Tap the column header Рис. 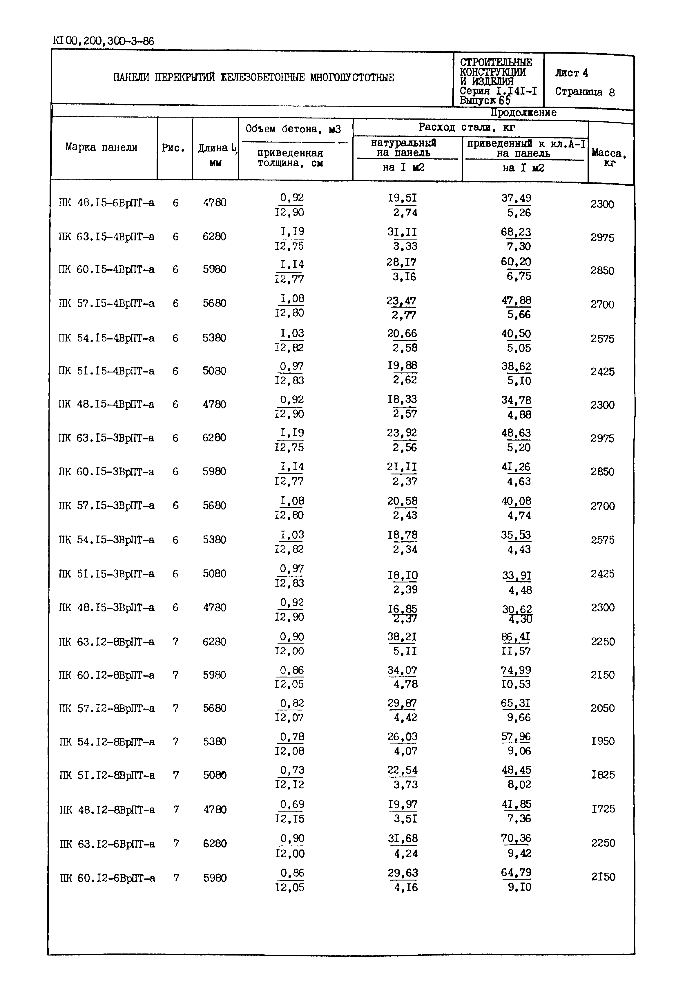pyautogui.click(x=173, y=148)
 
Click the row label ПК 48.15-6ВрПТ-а pyautogui.click(x=106, y=203)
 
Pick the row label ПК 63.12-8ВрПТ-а pyautogui.click(x=106, y=642)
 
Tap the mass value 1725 pyautogui.click(x=603, y=809)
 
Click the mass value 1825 pyautogui.click(x=603, y=775)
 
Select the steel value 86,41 pyautogui.click(x=515, y=637)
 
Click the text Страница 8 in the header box pyautogui.click(x=585, y=92)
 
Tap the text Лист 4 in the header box pyautogui.click(x=571, y=73)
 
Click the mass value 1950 pyautogui.click(x=603, y=741)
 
